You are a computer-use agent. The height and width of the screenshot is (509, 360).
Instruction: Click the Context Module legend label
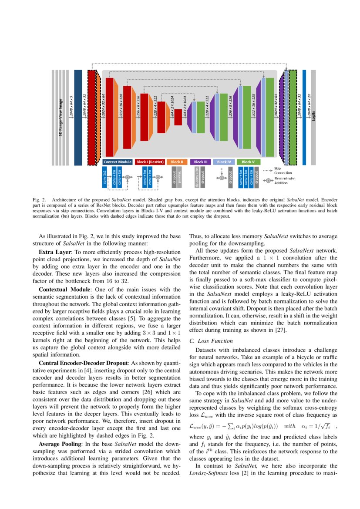click(118, 162)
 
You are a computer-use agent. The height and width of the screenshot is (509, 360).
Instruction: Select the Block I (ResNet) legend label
click(150, 162)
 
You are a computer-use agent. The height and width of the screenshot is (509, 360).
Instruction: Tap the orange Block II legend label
click(177, 162)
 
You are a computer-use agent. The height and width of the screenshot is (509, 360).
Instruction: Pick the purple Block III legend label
click(201, 162)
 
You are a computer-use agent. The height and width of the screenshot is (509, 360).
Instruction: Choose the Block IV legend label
click(224, 162)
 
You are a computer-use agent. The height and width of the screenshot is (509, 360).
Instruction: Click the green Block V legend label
click(248, 162)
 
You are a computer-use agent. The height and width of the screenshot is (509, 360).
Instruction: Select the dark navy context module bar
click(78, 118)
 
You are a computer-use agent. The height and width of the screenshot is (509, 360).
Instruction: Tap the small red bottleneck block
click(178, 117)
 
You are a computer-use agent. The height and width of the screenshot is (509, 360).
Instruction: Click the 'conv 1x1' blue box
click(105, 178)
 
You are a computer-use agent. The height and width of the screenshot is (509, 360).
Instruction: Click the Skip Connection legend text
click(280, 170)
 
